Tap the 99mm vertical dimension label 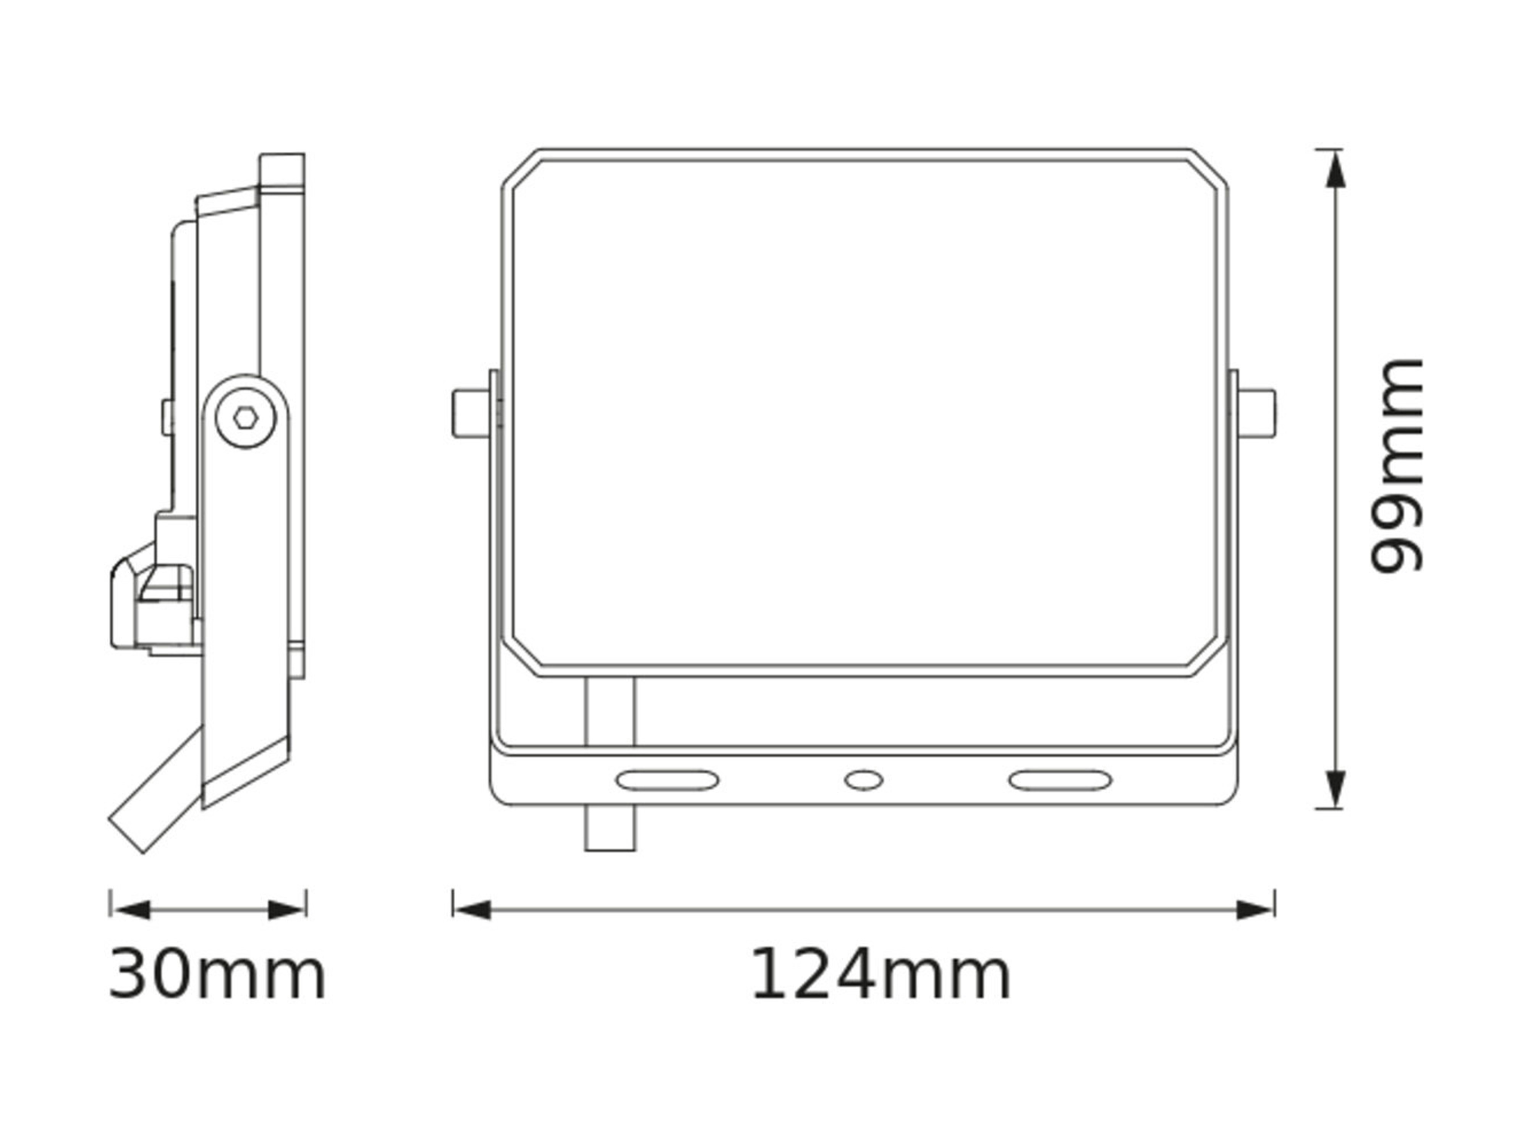point(1397,466)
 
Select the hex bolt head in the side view point(246,417)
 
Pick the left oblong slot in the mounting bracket point(667,780)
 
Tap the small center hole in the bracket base point(863,780)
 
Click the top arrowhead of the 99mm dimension point(1336,169)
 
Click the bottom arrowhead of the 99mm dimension point(1336,787)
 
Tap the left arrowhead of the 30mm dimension point(130,910)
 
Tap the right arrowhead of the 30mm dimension point(286,910)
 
